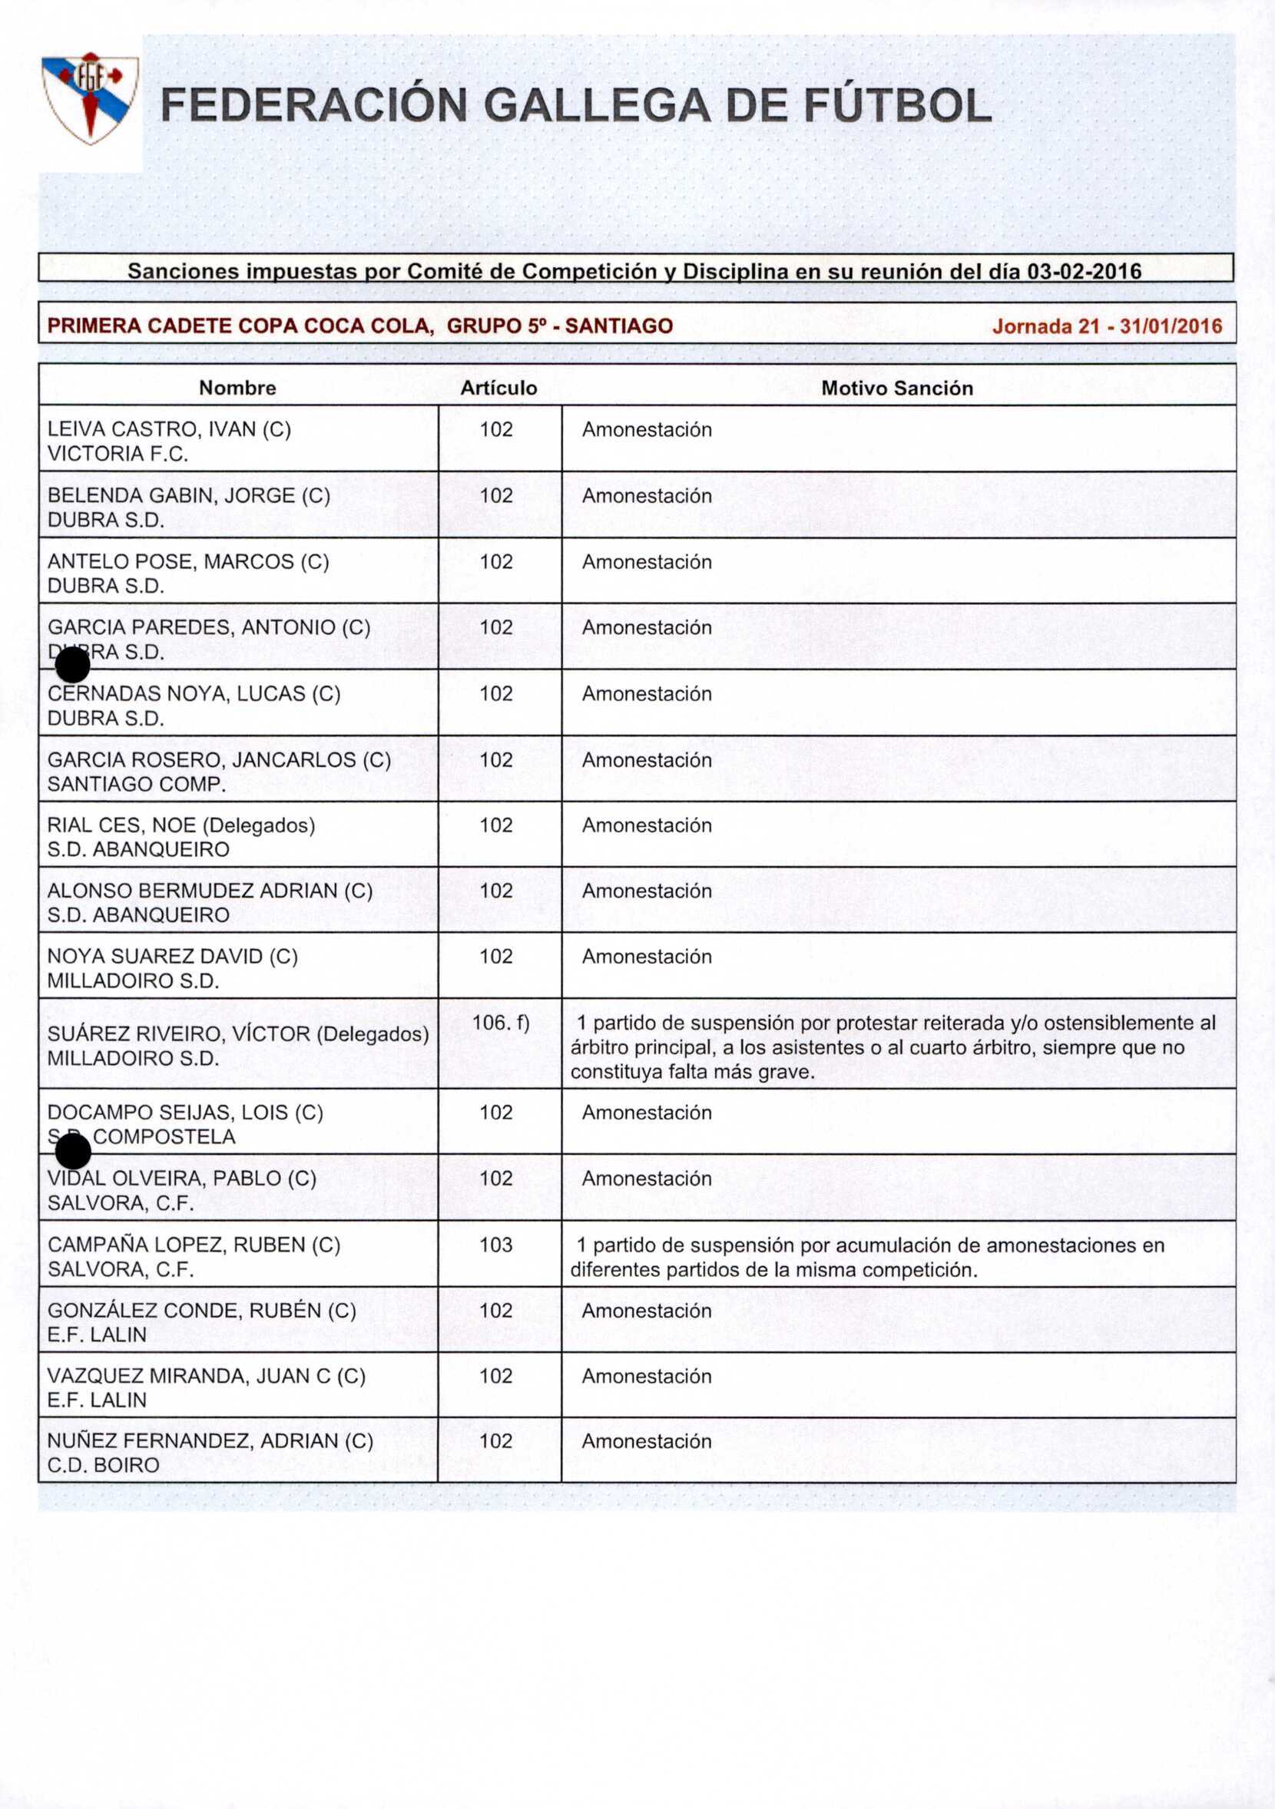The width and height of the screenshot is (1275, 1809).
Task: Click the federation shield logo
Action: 91,98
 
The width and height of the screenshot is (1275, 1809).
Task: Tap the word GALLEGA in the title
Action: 597,107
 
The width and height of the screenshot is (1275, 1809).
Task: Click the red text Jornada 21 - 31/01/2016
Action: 1106,326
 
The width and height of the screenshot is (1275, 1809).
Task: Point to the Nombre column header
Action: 237,388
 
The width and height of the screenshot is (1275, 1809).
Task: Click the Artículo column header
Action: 498,388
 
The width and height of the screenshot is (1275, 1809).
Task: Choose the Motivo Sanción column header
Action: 897,388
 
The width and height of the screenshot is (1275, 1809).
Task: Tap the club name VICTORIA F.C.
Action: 118,454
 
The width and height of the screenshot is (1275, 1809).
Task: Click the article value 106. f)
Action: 500,1023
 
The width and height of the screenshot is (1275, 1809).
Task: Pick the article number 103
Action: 496,1245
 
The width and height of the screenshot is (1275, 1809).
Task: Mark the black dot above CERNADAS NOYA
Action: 72,666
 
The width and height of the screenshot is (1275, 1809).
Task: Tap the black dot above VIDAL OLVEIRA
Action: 73,1153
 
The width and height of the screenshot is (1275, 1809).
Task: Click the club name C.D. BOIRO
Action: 103,1465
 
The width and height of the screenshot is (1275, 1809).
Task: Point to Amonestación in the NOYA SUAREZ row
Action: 646,957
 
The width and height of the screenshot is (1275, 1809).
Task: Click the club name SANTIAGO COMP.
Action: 136,784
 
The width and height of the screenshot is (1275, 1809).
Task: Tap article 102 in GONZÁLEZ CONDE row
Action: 496,1310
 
